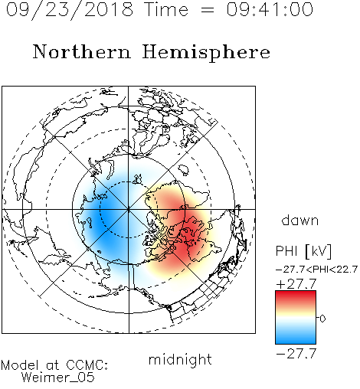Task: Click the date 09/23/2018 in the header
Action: [70, 10]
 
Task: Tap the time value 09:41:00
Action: [270, 10]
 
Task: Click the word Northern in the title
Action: [82, 51]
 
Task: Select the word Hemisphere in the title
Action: [206, 53]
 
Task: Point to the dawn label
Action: [300, 220]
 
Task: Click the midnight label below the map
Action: [180, 360]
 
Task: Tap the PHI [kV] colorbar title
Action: [304, 251]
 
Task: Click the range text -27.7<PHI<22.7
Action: [316, 270]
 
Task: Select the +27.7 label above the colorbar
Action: [296, 284]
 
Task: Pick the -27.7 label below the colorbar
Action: [296, 354]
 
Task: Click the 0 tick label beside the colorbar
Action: [322, 319]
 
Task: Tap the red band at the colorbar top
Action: [296, 296]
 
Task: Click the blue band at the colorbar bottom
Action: [296, 339]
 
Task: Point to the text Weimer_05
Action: [58, 378]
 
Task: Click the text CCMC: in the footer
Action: [87, 365]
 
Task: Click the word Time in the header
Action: [166, 10]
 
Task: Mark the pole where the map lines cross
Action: [129, 209]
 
